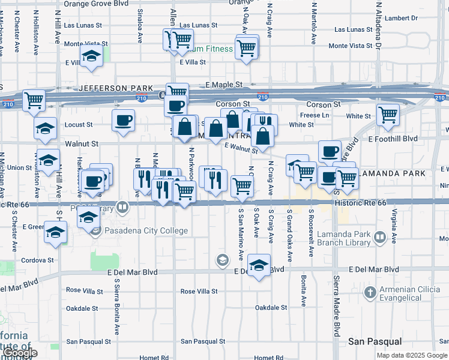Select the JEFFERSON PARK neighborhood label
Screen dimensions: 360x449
pyautogui.click(x=112, y=88)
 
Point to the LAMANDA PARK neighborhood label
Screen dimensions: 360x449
pyautogui.click(x=394, y=173)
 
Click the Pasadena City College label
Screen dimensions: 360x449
pyautogui.click(x=146, y=231)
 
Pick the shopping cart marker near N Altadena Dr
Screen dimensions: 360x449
pyautogui.click(x=388, y=113)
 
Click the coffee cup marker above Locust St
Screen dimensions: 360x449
pyautogui.click(x=123, y=119)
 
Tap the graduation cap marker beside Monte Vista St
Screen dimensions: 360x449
pyautogui.click(x=91, y=57)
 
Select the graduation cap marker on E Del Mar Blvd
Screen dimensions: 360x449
pyautogui.click(x=259, y=265)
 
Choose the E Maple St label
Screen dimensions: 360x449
pyautogui.click(x=224, y=85)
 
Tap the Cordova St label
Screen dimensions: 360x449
pyautogui.click(x=38, y=260)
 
